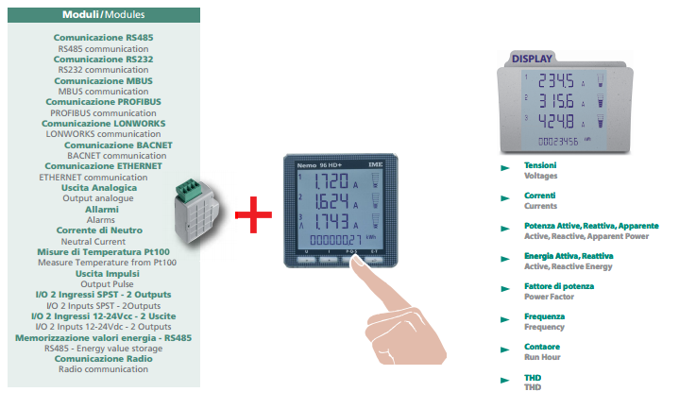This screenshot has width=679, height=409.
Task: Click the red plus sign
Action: coord(248,215)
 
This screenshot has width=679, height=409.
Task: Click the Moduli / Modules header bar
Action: coord(104,15)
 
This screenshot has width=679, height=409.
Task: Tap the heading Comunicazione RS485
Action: coord(103,37)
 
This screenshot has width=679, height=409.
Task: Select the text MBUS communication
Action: coord(104,91)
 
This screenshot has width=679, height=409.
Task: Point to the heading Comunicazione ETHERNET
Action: coord(103,165)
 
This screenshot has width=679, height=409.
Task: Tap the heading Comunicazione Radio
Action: coord(103,359)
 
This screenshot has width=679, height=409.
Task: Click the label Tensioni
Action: coord(540,165)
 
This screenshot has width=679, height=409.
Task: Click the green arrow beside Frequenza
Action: coord(505,319)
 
